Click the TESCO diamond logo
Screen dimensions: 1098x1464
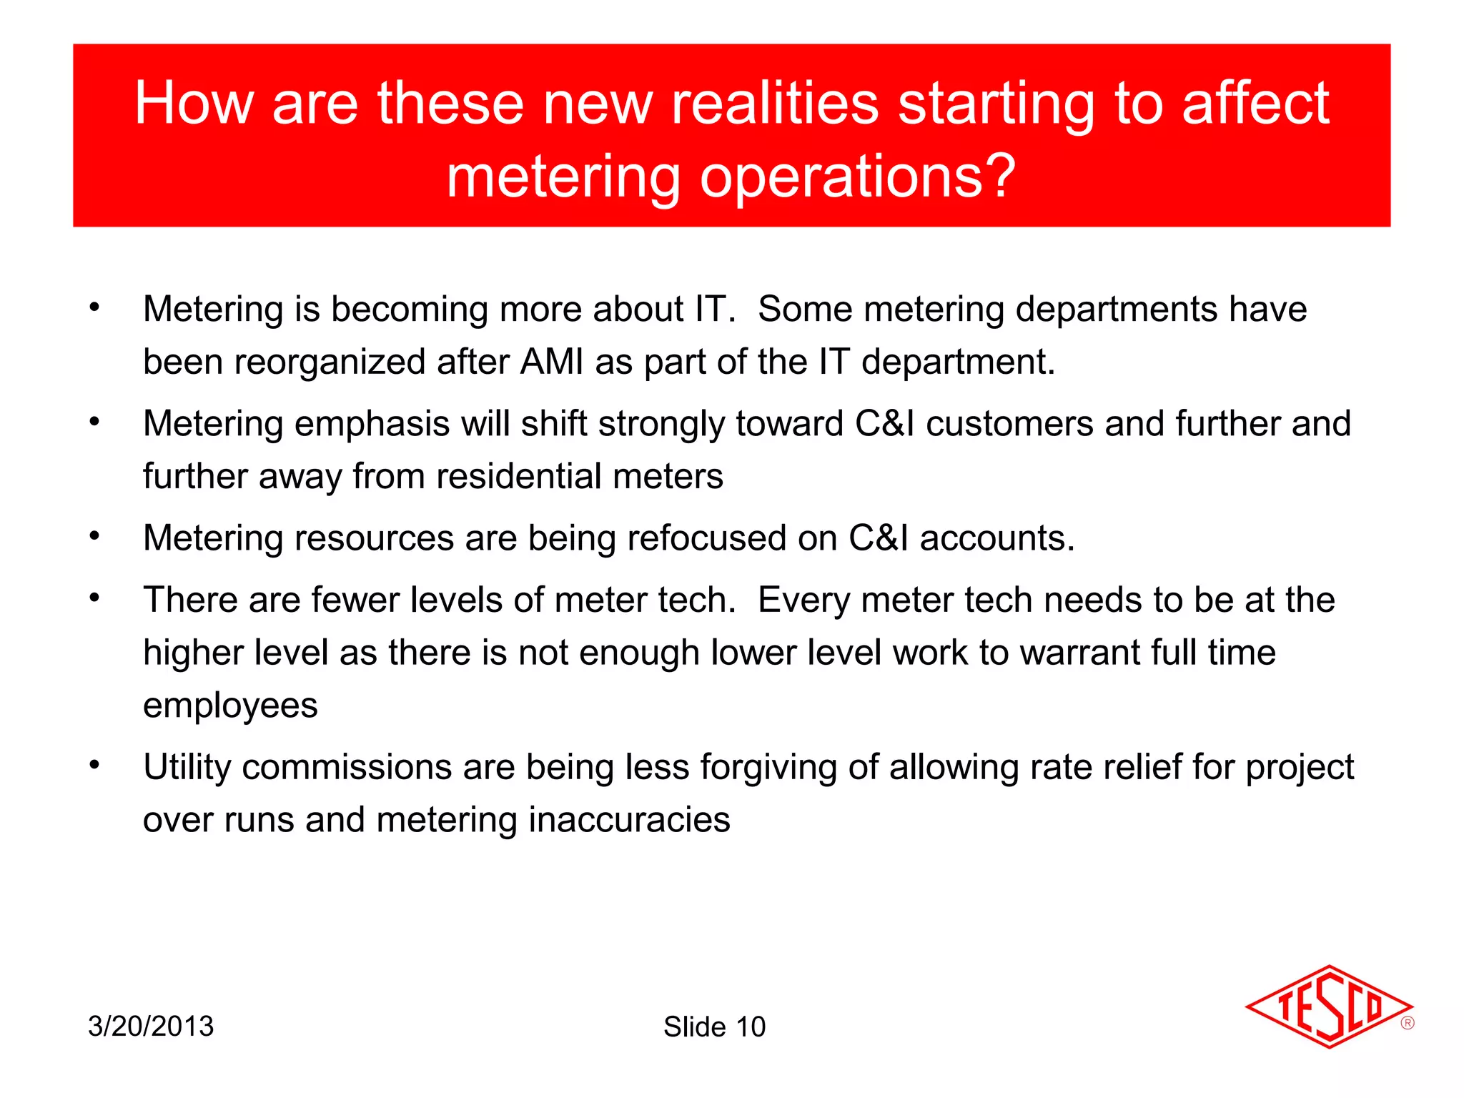click(1327, 1007)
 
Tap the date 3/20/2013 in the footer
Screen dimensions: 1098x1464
click(151, 1027)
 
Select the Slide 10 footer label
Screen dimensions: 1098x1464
click(714, 1027)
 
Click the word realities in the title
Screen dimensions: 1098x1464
click(775, 103)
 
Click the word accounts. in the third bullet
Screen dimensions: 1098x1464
click(997, 538)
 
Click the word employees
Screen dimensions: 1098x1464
click(230, 706)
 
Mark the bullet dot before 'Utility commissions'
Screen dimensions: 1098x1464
click(94, 765)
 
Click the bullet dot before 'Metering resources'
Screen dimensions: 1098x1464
click(94, 536)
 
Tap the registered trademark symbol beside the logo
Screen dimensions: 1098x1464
click(1407, 1023)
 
